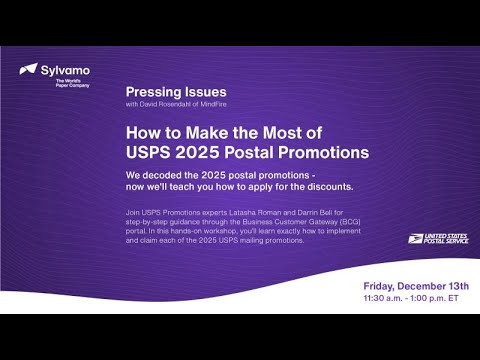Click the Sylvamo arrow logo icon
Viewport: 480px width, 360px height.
pos(28,71)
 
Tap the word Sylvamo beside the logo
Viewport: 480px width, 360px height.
pos(64,69)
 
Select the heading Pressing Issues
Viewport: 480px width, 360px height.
pos(169,90)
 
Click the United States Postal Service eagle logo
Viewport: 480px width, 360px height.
pos(417,238)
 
